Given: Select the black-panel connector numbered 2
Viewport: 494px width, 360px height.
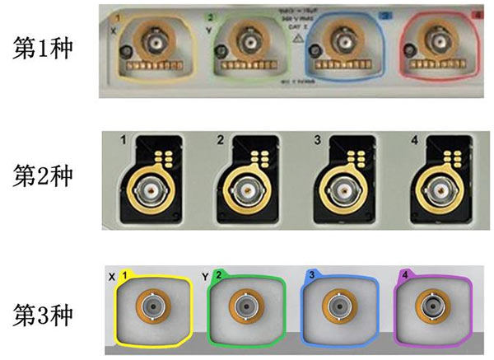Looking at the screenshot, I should [245, 194].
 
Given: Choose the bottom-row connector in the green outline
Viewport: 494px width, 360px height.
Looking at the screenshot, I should [245, 306].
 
